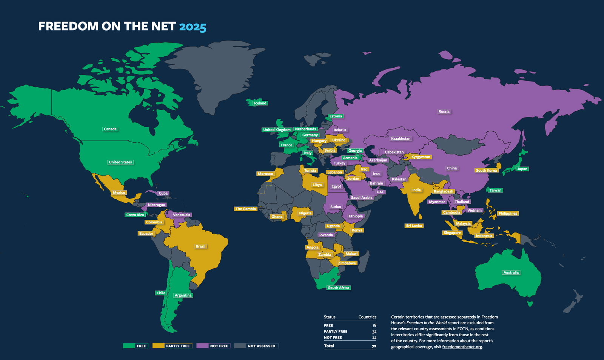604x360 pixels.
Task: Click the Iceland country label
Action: [260, 103]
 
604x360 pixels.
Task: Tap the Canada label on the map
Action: [110, 129]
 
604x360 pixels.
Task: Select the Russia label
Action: [444, 111]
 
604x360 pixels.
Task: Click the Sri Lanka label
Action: [414, 226]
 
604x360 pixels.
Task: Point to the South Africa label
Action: [338, 288]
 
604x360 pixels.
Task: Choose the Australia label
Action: [511, 272]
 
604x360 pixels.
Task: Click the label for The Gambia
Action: [245, 209]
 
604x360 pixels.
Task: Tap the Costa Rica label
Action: [135, 215]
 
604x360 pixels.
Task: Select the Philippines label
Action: [507, 213]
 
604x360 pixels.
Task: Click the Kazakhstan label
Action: [401, 138]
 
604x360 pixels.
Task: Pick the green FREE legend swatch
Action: [129, 346]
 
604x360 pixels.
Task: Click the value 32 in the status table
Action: [374, 331]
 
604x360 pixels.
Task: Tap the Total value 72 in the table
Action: [374, 346]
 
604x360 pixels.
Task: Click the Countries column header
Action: [367, 317]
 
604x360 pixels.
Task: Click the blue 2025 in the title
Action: [193, 27]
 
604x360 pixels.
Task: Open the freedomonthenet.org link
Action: [462, 347]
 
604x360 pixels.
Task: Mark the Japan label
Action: [522, 169]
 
